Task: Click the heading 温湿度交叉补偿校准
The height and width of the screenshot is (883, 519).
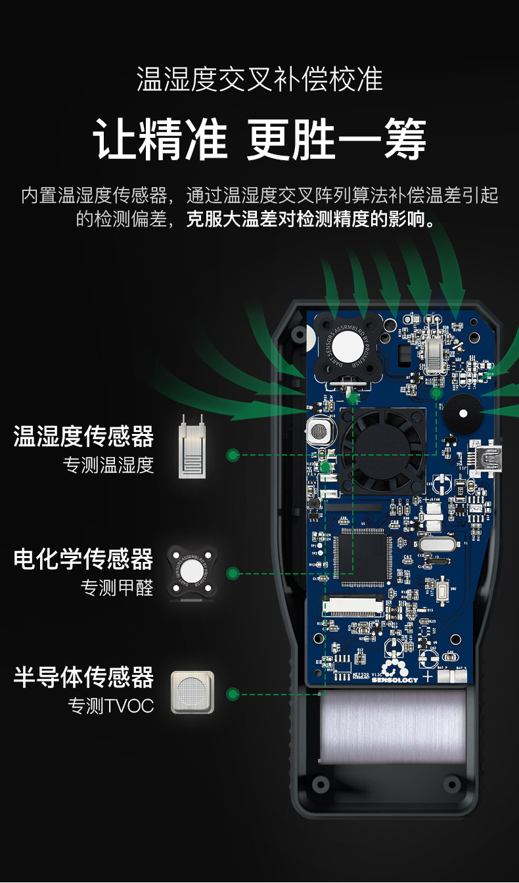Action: click(x=259, y=80)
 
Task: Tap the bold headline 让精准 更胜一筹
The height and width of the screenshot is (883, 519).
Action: click(x=259, y=139)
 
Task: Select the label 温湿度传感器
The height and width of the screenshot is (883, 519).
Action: click(x=84, y=437)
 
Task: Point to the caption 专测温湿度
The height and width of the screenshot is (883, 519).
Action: click(x=108, y=465)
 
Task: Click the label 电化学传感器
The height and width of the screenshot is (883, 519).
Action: click(x=84, y=559)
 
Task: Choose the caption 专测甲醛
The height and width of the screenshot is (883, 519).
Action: click(x=118, y=588)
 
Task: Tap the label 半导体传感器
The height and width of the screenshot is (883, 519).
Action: click(x=84, y=678)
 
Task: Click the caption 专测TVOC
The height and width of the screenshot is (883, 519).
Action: click(x=111, y=706)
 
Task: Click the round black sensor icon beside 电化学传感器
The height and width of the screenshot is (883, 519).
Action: click(x=192, y=571)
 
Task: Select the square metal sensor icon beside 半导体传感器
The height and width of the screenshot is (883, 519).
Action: click(x=192, y=692)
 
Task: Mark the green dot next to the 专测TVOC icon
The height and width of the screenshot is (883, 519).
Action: click(x=232, y=694)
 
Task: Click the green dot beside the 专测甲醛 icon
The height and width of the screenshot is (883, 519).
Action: click(x=232, y=573)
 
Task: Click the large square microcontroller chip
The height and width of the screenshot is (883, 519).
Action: click(x=361, y=559)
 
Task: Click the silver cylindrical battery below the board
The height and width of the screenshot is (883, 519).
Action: click(x=392, y=725)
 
